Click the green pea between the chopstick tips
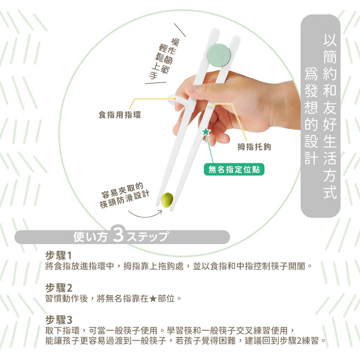pos(167,200)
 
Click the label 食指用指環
pos(120,115)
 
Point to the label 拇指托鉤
pos(254,147)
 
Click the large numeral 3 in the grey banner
pos(118,236)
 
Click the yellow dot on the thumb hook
pos(213,104)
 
